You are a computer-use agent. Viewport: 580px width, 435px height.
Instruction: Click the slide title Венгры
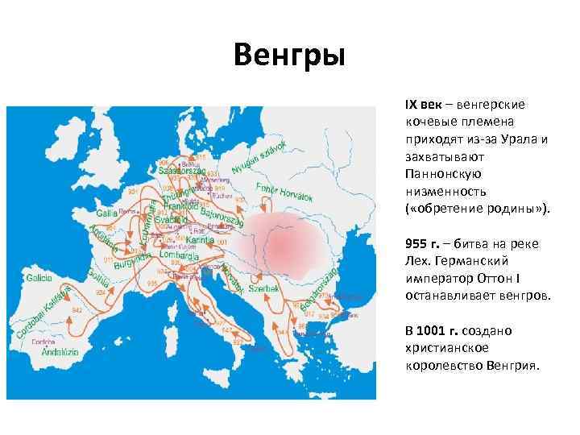pyautogui.click(x=289, y=56)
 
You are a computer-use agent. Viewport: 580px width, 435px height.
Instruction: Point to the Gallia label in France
pyautogui.click(x=107, y=213)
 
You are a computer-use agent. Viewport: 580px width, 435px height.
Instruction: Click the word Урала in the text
pyautogui.click(x=520, y=139)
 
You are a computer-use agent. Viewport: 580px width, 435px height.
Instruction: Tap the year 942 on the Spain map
pyautogui.click(x=77, y=309)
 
